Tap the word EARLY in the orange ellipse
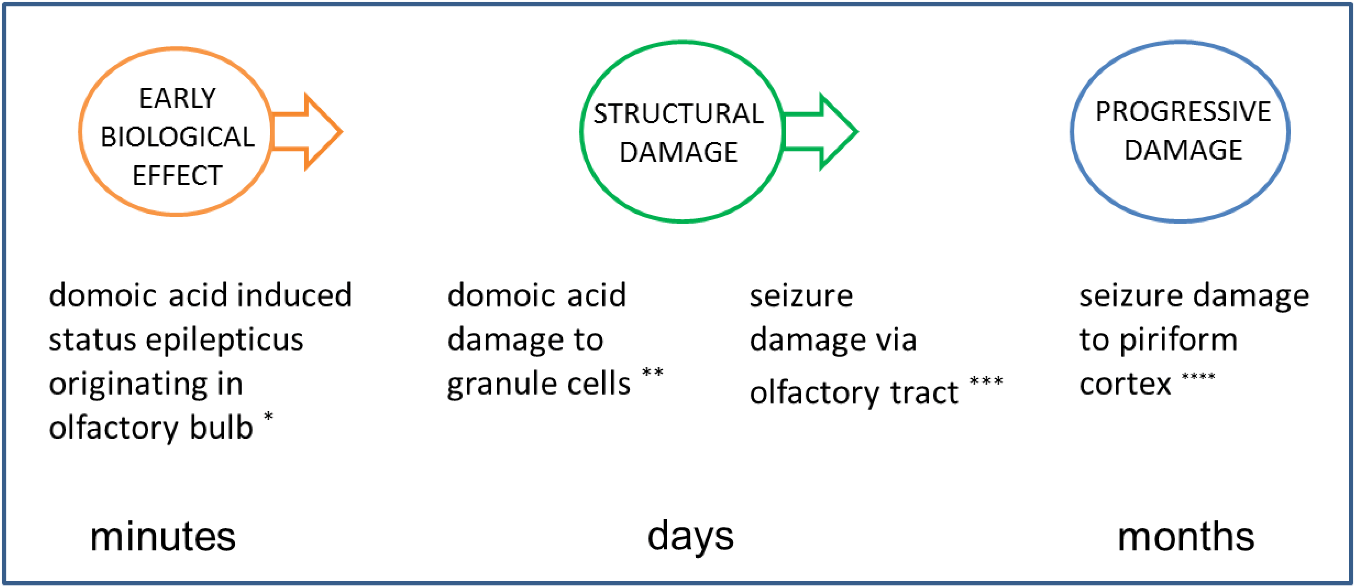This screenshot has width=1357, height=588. tap(178, 99)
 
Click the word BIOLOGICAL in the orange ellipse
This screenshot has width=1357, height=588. tap(178, 137)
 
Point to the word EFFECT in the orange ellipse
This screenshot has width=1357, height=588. tap(178, 176)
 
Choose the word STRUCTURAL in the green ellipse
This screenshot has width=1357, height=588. tap(678, 114)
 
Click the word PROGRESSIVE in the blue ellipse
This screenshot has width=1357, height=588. tap(1183, 112)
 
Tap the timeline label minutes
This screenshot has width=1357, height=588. tap(163, 537)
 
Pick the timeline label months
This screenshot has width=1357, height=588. tap(1186, 537)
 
